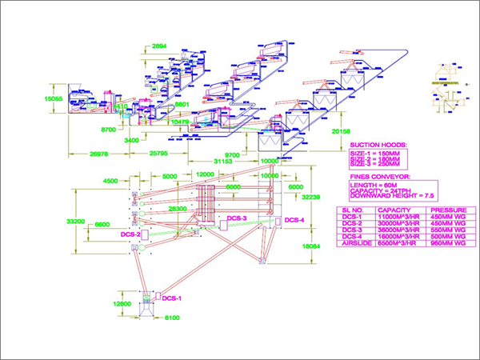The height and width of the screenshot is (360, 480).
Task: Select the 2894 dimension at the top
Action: [x=159, y=47]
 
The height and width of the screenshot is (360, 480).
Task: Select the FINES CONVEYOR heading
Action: [x=380, y=176]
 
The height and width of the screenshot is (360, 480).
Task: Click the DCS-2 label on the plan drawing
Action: [x=130, y=234]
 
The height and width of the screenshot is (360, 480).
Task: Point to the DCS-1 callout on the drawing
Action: [x=174, y=298]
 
